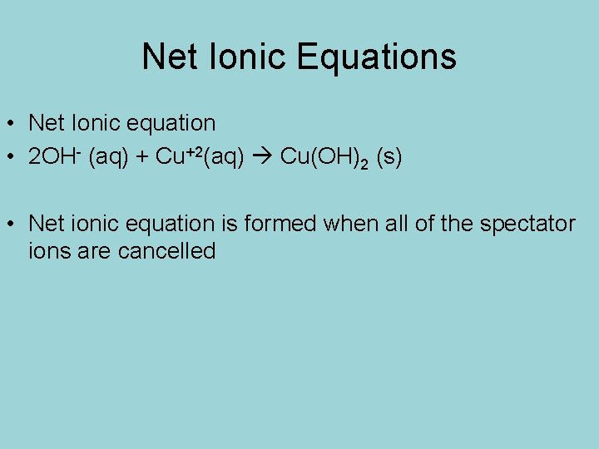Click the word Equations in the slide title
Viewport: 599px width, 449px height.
376,57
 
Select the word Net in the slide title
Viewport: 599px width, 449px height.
169,57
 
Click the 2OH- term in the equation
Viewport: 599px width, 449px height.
53,157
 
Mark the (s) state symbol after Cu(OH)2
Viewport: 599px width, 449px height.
389,158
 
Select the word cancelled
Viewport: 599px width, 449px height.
166,250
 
